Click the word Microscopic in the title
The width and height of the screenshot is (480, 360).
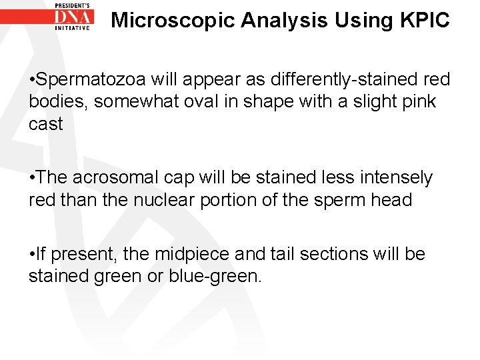click(x=173, y=21)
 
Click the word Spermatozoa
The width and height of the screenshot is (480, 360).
click(x=92, y=80)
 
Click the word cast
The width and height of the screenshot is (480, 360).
click(x=45, y=124)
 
